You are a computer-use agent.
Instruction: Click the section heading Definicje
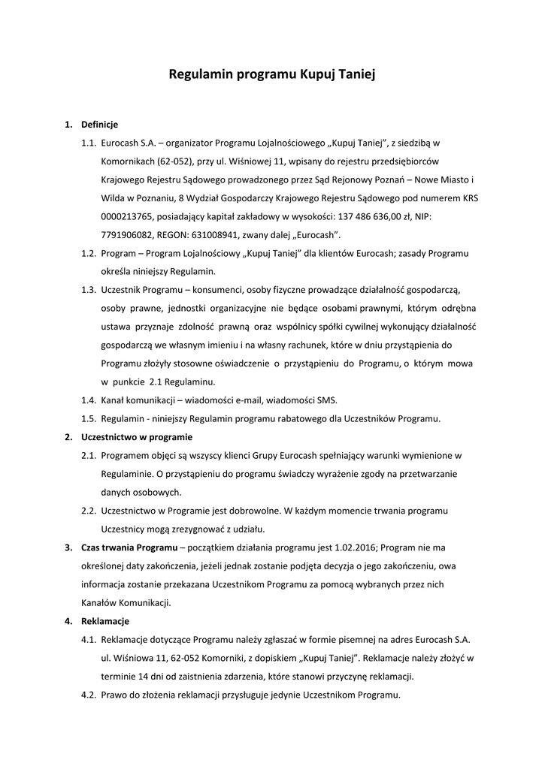pyautogui.click(x=99, y=124)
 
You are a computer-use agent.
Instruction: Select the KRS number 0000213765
pyautogui.click(x=129, y=216)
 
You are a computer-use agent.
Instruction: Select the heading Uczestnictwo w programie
pyautogui.click(x=137, y=436)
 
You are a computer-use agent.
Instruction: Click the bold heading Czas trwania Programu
pyautogui.click(x=129, y=547)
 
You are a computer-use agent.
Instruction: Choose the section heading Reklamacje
pyautogui.click(x=105, y=621)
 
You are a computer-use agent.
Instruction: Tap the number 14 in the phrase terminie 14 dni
pyautogui.click(x=140, y=676)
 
